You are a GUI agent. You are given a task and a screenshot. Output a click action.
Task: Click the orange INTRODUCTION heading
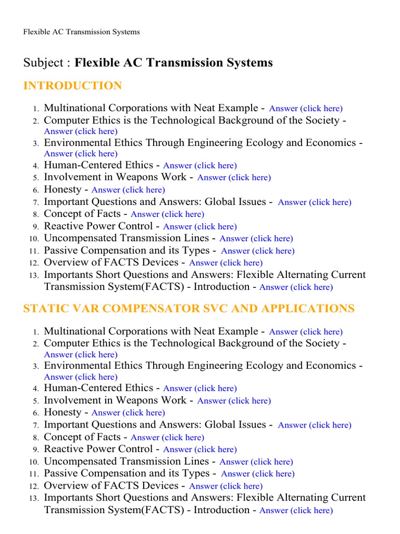[x=72, y=86]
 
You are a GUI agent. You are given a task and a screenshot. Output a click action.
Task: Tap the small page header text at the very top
[x=81, y=32]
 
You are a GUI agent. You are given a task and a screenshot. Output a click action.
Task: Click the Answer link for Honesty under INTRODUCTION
[x=128, y=190]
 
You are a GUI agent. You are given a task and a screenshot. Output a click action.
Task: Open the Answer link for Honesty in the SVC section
[x=128, y=413]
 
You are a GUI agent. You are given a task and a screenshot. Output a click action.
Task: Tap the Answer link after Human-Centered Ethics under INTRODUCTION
[x=200, y=166]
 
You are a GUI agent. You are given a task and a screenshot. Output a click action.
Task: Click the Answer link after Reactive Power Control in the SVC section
[x=200, y=450]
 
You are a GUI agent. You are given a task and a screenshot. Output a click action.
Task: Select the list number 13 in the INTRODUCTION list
[x=34, y=275]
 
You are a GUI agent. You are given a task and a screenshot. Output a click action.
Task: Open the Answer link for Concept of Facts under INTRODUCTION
[x=167, y=214]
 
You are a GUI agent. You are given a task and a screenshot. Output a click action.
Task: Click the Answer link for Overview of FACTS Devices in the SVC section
[x=226, y=486]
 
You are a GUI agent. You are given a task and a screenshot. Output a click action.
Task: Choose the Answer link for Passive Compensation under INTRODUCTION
[x=258, y=251]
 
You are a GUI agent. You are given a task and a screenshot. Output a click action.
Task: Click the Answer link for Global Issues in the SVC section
[x=315, y=425]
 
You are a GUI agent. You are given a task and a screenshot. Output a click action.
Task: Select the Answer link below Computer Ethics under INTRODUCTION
[x=81, y=131]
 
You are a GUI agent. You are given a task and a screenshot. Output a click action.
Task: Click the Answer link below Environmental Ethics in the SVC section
[x=81, y=377]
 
